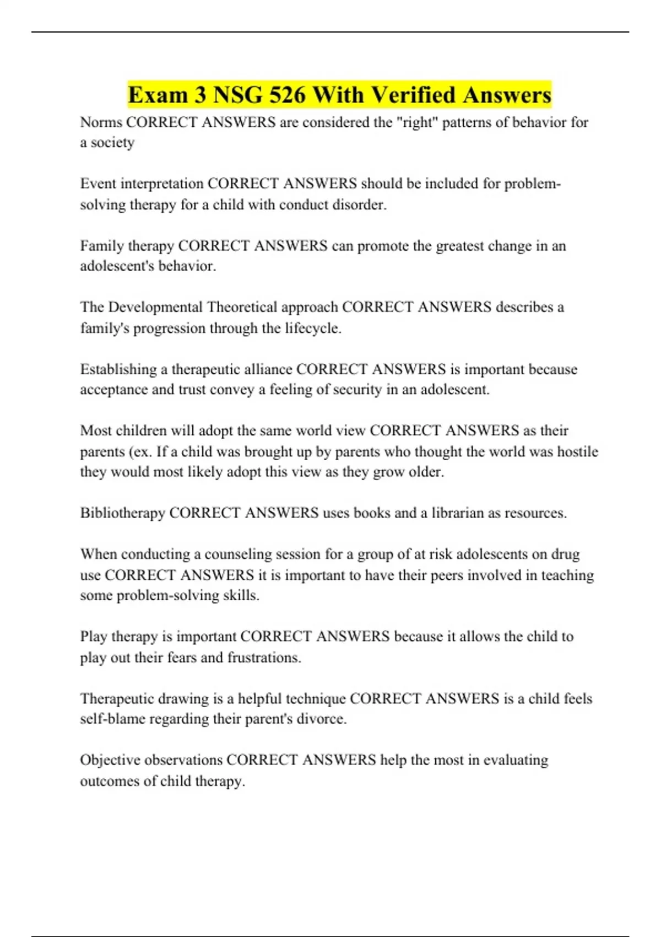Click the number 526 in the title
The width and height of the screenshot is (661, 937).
[x=287, y=95]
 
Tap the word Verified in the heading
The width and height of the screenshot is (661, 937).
[x=413, y=95]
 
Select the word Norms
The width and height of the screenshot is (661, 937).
[x=101, y=122]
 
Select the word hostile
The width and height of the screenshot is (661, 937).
[x=577, y=451]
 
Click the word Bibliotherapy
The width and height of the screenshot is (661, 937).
[x=122, y=513]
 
